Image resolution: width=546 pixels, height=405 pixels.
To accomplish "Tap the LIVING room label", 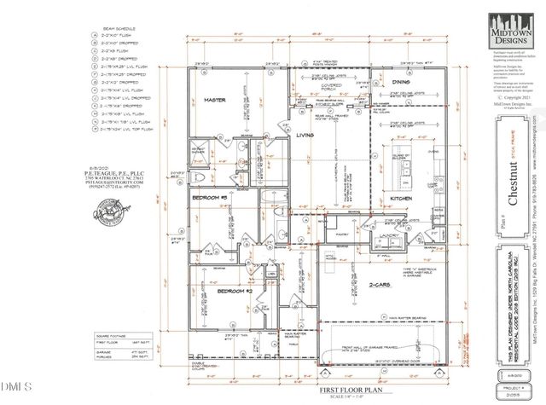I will [305, 135].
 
